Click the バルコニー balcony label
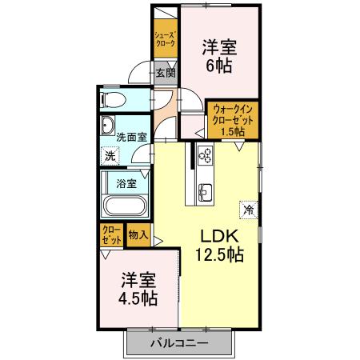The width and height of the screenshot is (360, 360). click(179, 343)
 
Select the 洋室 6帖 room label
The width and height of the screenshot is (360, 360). click(218, 58)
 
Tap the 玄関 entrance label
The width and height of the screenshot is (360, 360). click(166, 73)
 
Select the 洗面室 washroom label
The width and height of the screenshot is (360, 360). click(130, 137)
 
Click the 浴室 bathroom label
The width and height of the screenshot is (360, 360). click(127, 183)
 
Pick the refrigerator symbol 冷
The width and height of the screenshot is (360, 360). click(248, 210)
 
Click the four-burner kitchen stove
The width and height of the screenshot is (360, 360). click(205, 155)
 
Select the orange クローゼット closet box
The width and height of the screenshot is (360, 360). click(111, 235)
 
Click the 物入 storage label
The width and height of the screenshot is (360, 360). click(138, 235)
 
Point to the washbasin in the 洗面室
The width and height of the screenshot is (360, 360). click(109, 126)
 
